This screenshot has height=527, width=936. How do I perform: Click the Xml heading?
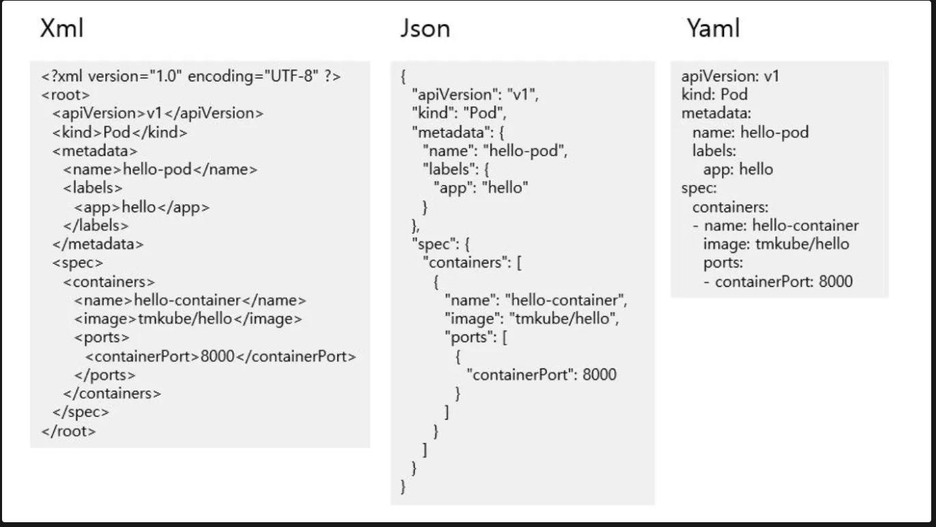pos(63,29)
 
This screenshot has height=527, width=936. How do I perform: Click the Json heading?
pos(425,29)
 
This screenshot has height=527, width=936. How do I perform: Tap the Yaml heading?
pos(713,29)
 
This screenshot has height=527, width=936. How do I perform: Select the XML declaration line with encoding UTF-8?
pos(191,76)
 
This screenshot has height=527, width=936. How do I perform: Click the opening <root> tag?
pos(66,95)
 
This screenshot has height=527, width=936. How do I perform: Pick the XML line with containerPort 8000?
pos(221,356)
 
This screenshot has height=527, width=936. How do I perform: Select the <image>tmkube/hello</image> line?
pos(188,319)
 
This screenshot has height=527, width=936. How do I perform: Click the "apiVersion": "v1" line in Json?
pos(475,95)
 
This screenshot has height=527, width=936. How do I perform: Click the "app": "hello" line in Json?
pos(481,188)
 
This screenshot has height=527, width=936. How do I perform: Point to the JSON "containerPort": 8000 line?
pos(541,374)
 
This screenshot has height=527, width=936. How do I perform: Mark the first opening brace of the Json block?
pos(403,76)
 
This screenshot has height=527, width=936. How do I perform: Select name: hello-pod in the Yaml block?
pos(750,132)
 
